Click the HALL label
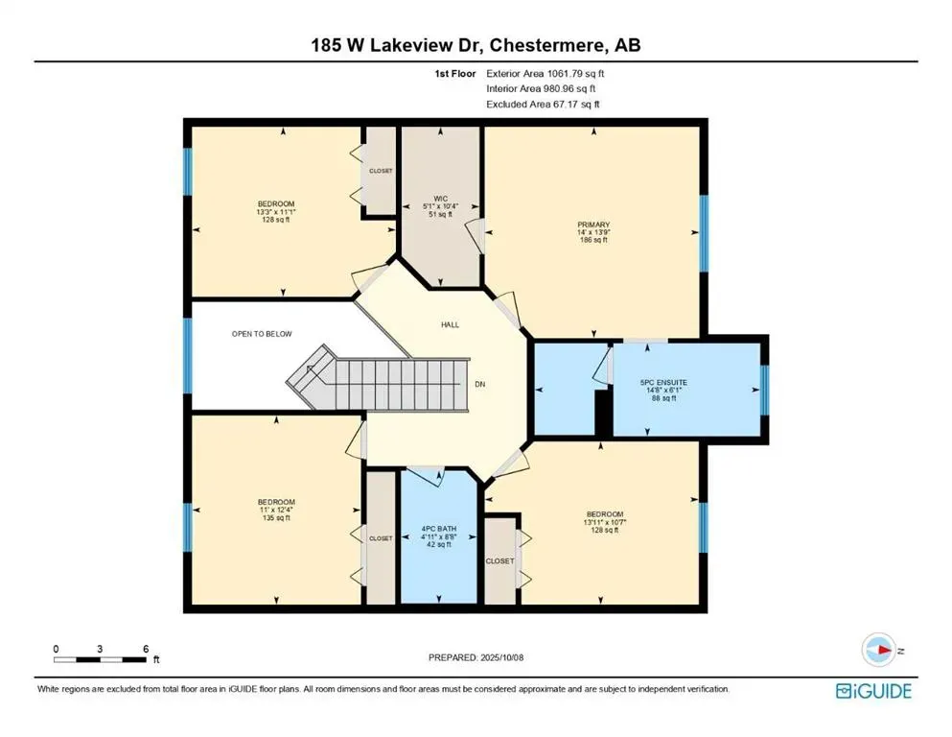450,324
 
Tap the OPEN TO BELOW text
261,334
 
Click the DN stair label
480,384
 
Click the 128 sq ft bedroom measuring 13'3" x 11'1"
275,211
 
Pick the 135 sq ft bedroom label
275,510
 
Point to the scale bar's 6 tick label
145,649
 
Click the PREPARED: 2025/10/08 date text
476,657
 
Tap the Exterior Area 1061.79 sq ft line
546,73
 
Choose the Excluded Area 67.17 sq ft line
546,104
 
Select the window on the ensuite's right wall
764,390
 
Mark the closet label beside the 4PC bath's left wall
381,538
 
